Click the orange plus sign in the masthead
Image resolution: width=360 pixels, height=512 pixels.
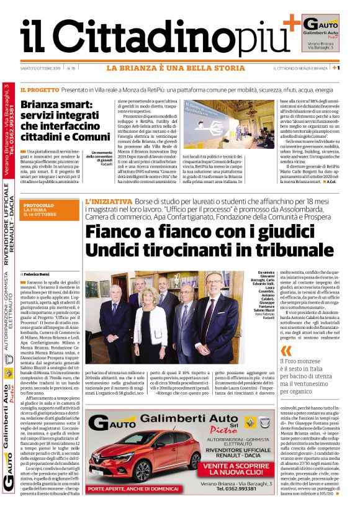coord(291,25)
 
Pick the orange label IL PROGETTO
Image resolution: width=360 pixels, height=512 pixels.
coord(39,90)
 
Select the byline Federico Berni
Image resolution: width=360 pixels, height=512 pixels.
coord(38,273)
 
